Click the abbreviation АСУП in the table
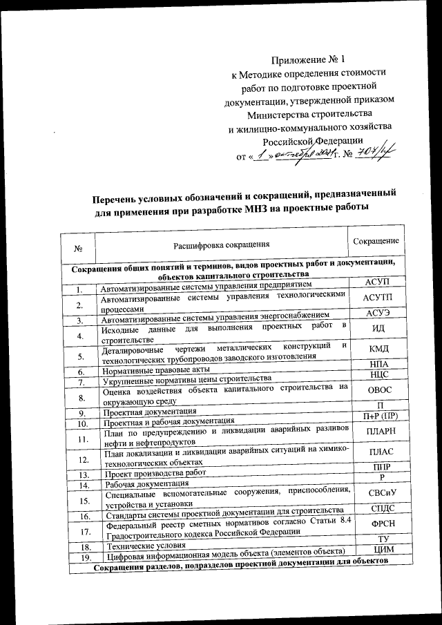[x=377, y=283]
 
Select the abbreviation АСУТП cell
[x=377, y=298]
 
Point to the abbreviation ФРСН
[x=379, y=523]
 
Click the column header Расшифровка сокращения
[x=221, y=244]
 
